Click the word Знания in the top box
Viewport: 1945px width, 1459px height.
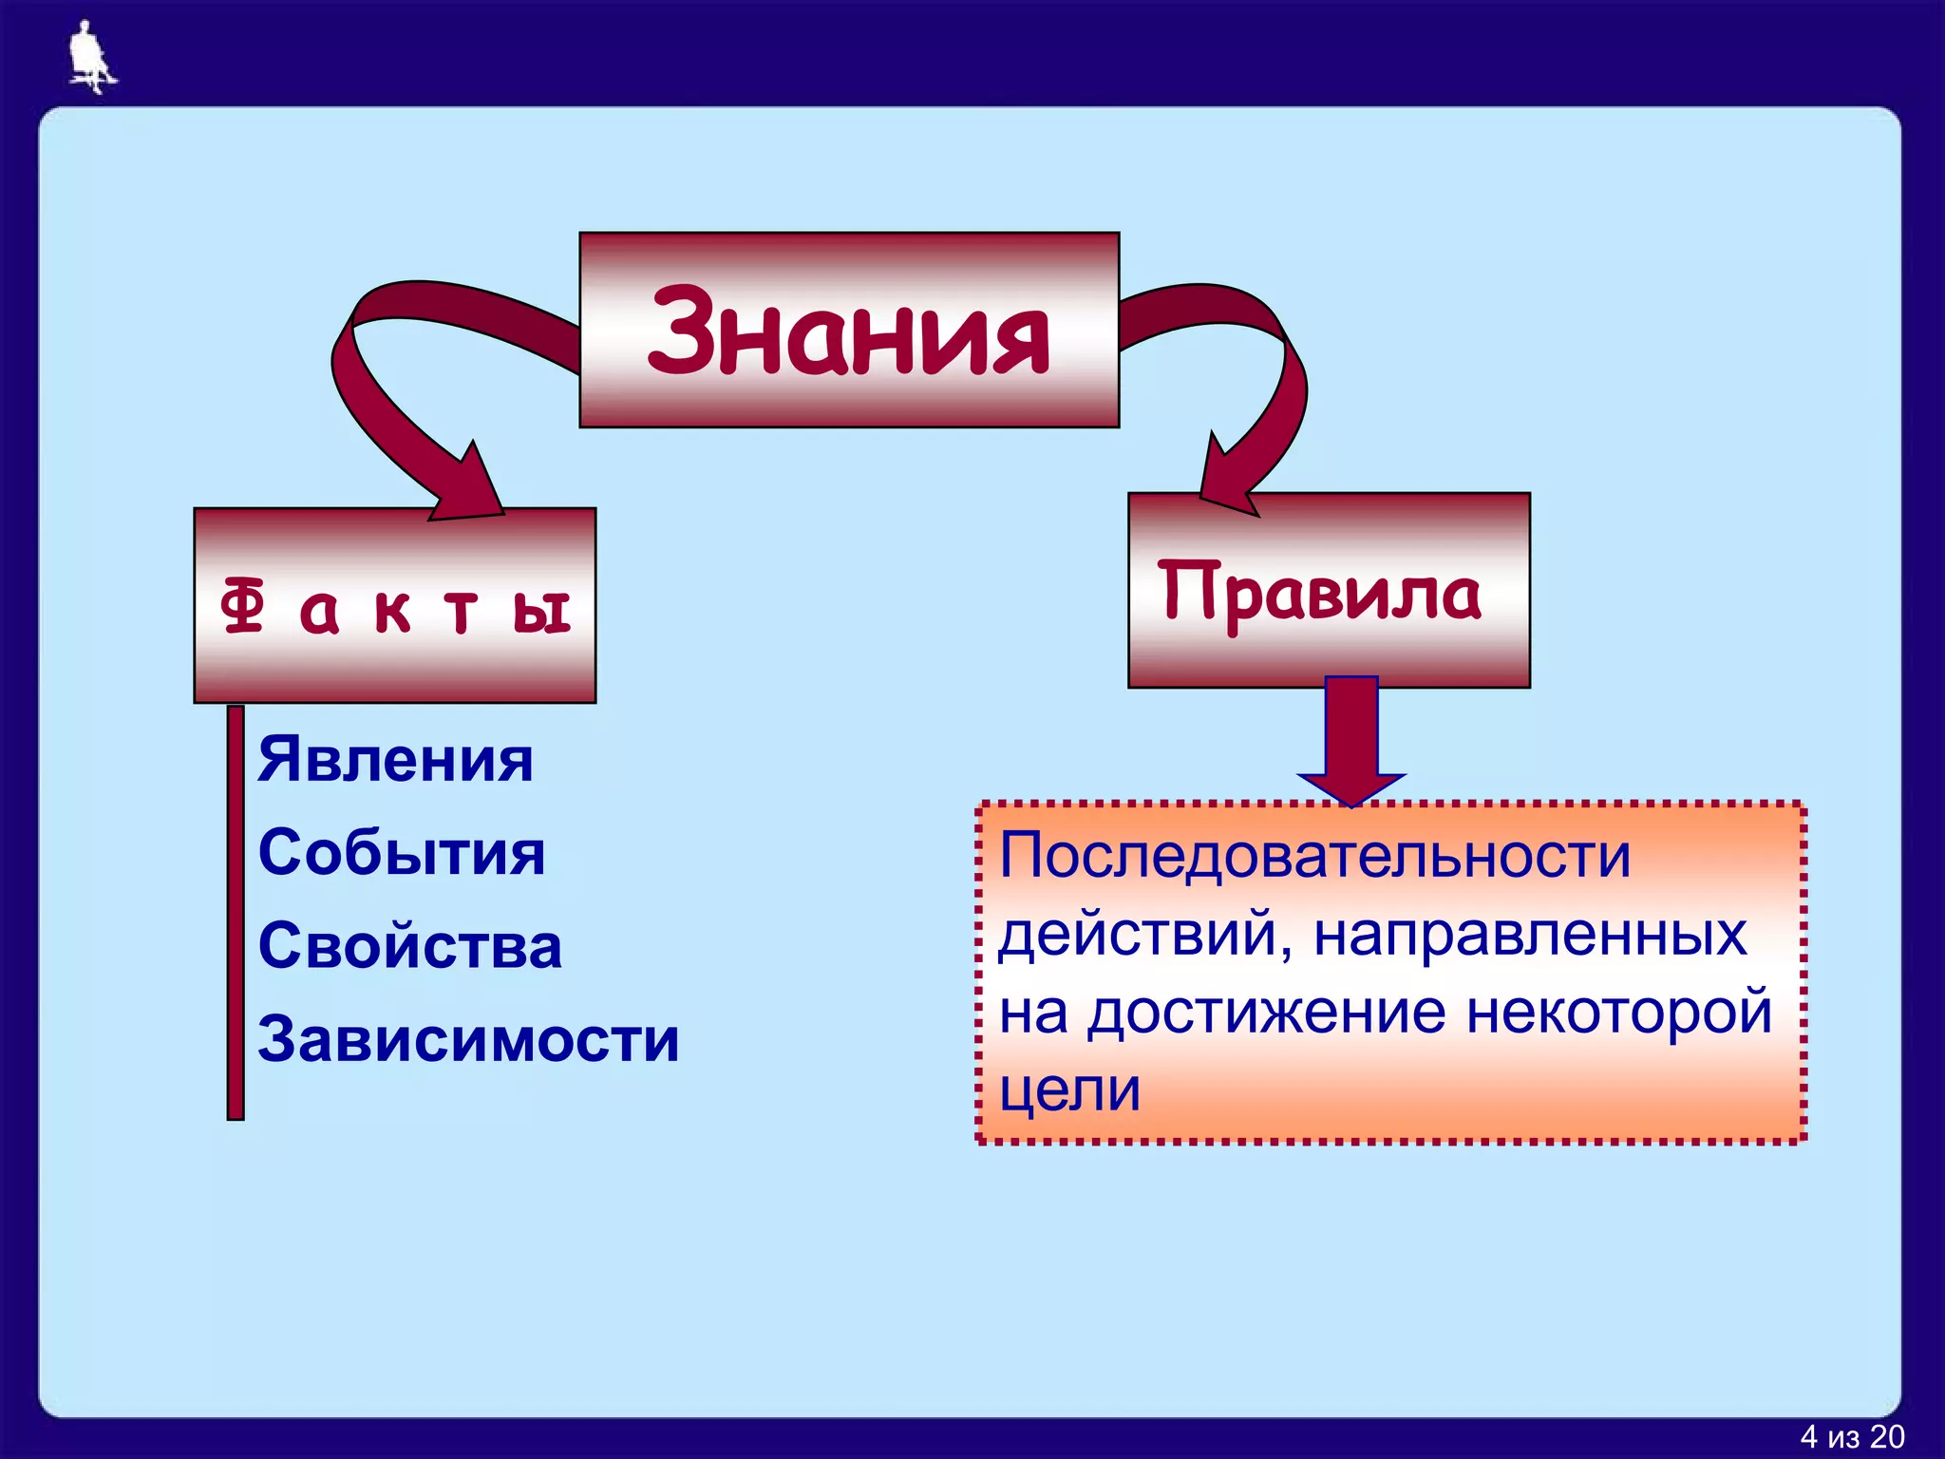[848, 331]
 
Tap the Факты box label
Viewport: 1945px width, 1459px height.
[395, 608]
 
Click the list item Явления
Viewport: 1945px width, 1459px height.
[395, 760]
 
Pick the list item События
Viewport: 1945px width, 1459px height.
[402, 852]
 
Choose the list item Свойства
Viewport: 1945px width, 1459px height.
[410, 946]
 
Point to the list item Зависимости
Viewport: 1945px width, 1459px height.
[469, 1039]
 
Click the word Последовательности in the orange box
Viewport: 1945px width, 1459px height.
[1314, 856]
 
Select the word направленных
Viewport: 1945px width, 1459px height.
[1530, 935]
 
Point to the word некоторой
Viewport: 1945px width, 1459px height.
[1618, 1013]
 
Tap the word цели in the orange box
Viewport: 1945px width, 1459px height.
[1069, 1090]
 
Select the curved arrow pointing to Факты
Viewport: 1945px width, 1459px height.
[399, 399]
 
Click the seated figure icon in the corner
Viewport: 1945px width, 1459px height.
[90, 57]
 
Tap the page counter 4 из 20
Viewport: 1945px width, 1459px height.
[1852, 1437]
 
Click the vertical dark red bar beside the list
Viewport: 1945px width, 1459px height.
[236, 912]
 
